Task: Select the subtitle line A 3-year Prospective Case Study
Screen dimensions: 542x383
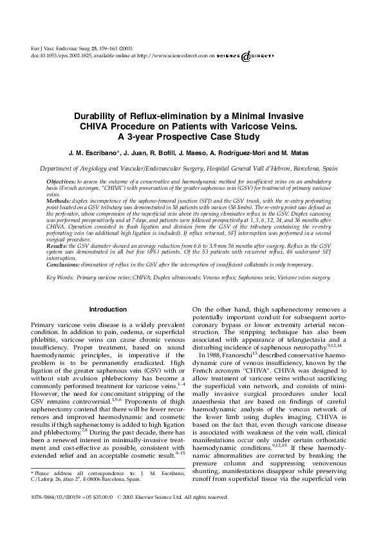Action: (191, 136)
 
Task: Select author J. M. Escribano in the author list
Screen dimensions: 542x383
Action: (91, 153)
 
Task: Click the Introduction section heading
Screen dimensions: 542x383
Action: (108, 310)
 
